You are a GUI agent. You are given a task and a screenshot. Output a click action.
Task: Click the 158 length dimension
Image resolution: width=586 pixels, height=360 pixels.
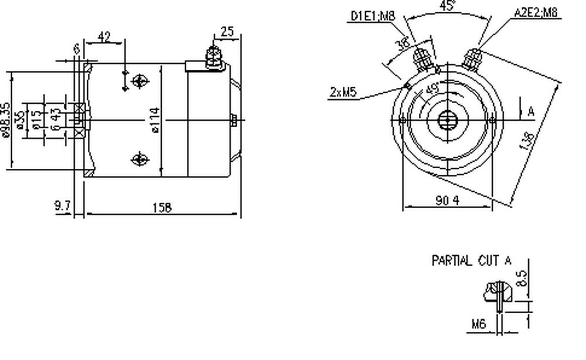(x=162, y=208)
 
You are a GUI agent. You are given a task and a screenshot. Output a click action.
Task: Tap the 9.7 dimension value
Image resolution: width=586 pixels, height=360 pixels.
(x=62, y=206)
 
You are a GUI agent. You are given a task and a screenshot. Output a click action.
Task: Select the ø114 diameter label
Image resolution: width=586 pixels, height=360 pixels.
(x=156, y=120)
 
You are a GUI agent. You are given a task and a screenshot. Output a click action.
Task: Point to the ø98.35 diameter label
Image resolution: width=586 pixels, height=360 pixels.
(x=6, y=120)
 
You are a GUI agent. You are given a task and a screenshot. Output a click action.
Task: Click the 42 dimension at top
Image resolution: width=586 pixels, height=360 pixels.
(x=104, y=37)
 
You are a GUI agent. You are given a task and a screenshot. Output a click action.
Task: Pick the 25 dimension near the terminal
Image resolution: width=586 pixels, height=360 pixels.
(x=227, y=32)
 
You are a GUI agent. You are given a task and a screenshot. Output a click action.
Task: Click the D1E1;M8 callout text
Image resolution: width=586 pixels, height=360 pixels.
(x=372, y=15)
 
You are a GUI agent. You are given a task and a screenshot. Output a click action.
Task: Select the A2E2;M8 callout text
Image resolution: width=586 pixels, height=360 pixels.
(x=536, y=12)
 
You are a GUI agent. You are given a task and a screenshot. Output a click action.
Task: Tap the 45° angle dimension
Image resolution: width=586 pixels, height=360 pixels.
(x=448, y=6)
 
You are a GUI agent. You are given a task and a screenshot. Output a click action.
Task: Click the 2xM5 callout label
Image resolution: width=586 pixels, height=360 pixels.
(x=344, y=91)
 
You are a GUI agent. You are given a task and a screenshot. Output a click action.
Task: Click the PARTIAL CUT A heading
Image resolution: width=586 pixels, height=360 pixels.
(x=471, y=261)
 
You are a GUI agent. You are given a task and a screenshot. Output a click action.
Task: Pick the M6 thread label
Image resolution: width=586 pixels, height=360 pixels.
(x=479, y=324)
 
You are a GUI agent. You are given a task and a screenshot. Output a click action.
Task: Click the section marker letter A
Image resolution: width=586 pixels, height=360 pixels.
(x=531, y=111)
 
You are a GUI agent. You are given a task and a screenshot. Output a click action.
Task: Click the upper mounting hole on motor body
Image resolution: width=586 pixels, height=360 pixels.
(x=139, y=81)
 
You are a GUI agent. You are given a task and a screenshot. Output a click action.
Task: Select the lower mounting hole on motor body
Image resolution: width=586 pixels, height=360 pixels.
(x=139, y=158)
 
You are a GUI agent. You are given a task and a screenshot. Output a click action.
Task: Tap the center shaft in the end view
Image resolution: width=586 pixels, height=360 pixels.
(x=447, y=121)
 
